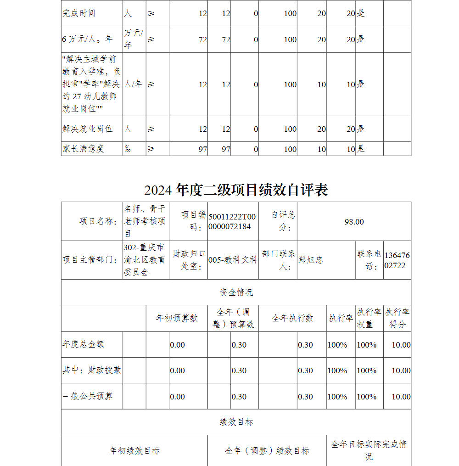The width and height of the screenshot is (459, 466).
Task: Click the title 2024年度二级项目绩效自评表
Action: point(236,190)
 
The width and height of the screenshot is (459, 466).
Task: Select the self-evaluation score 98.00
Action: point(354,222)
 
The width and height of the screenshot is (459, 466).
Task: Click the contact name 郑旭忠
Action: point(310,260)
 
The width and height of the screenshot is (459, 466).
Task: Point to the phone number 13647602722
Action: point(397,260)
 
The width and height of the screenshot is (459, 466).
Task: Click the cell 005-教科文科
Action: point(233,260)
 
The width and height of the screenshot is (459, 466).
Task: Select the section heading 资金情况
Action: point(236,292)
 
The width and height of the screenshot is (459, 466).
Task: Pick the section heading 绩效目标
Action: point(236,422)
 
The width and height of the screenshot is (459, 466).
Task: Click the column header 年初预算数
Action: point(177,318)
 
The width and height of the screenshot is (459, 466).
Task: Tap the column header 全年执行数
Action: point(292,318)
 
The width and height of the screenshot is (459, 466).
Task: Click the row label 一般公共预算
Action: point(88,396)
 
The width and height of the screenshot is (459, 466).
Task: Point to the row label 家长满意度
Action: point(84,149)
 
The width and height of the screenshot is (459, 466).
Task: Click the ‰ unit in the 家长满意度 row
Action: point(128,149)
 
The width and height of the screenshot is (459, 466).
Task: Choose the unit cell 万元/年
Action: point(134,39)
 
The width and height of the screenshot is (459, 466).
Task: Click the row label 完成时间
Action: point(79,13)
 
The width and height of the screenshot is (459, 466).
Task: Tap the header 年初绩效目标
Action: point(134,451)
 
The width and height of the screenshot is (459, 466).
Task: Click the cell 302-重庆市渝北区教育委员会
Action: point(145,260)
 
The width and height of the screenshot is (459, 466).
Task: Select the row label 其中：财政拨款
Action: point(92,370)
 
